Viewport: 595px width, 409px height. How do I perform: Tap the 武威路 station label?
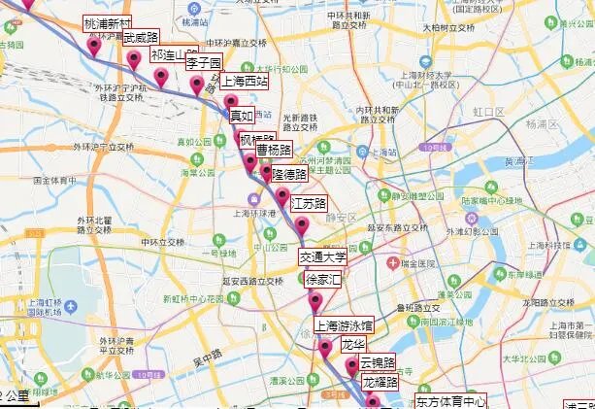pos(141,38)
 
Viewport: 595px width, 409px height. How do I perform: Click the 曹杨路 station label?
pos(274,151)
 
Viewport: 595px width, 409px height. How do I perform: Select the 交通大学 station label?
pos(322,257)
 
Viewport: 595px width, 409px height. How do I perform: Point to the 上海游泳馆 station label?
pos(344,324)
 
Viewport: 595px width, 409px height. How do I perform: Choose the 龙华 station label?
pos(351,345)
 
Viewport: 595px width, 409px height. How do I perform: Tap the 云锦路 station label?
pos(378,362)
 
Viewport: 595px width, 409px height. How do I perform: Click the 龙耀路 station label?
pos(380,383)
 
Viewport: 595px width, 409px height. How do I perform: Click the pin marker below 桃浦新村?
pos(95,46)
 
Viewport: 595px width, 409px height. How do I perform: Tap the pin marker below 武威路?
pos(134,60)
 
